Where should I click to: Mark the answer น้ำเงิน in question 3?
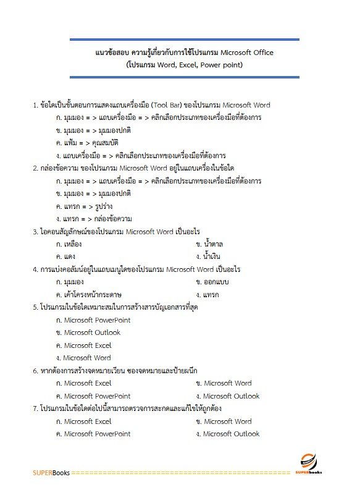click(211, 256)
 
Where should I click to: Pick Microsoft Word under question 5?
click(87, 358)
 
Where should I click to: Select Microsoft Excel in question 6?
click(88, 383)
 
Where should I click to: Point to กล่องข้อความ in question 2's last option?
click(113, 219)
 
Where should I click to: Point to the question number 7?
click(35, 408)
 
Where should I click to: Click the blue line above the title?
click(184, 40)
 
